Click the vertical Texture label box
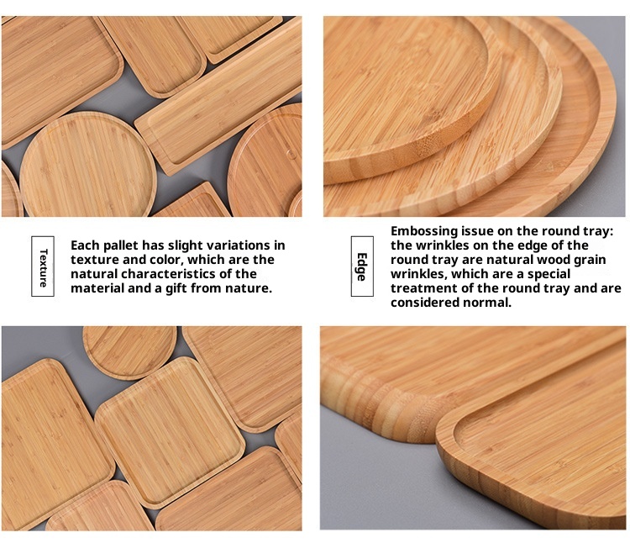pos(43,266)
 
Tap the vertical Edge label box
pos(362,266)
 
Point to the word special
pos(549,274)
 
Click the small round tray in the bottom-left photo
pos(129,351)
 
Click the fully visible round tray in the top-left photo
pos(88,165)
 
